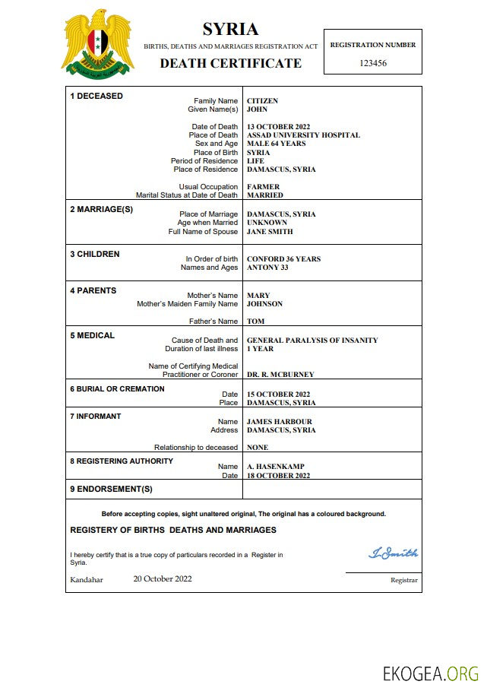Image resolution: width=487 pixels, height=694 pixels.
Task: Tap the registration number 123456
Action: click(x=372, y=63)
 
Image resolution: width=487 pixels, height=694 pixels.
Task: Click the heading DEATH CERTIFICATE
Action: click(x=230, y=63)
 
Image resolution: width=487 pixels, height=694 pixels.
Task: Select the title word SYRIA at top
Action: click(x=230, y=30)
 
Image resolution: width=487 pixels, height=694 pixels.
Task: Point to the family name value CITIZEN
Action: click(x=262, y=101)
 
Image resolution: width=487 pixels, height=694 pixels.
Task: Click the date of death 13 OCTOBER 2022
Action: click(x=278, y=127)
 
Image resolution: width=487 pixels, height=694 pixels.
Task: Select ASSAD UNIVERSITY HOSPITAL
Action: click(x=303, y=135)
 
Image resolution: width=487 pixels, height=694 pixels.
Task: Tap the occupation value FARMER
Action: click(x=263, y=187)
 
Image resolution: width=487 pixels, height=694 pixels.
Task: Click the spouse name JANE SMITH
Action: click(x=270, y=232)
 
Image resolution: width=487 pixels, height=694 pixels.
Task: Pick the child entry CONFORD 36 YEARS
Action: click(x=283, y=259)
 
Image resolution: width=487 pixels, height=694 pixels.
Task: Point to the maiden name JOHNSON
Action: click(x=264, y=304)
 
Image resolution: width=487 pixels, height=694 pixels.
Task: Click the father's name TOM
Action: click(x=255, y=322)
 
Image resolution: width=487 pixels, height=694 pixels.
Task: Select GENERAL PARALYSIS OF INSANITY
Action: click(x=312, y=341)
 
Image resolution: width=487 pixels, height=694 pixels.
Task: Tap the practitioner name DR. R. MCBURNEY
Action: click(x=280, y=375)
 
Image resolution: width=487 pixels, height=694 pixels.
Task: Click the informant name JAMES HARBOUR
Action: click(x=279, y=422)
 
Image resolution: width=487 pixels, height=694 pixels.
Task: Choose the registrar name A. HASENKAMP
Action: click(x=274, y=467)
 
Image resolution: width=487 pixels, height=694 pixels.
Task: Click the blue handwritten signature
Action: click(x=393, y=553)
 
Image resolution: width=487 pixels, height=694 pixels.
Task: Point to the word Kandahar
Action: click(x=87, y=579)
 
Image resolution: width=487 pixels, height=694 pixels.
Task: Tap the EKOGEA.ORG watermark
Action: click(x=430, y=673)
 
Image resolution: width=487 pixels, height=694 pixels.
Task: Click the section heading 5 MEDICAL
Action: click(x=93, y=335)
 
